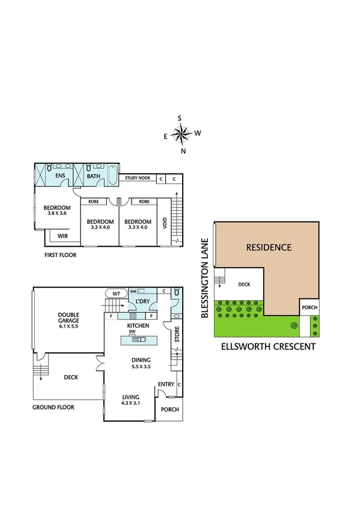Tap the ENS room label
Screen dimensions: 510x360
coord(60,176)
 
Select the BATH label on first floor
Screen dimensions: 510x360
coord(94,176)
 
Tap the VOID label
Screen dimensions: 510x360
coord(165,224)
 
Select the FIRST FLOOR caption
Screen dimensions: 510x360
coord(59,255)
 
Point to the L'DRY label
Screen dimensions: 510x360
coord(143,301)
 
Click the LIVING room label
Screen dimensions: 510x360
coord(130,397)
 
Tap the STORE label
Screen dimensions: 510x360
coord(177,335)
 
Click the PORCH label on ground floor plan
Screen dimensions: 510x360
coord(171,411)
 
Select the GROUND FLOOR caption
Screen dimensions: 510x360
coord(53,407)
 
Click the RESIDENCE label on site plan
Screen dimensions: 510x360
coord(269,247)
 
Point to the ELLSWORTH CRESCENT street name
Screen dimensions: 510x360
coord(268,346)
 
